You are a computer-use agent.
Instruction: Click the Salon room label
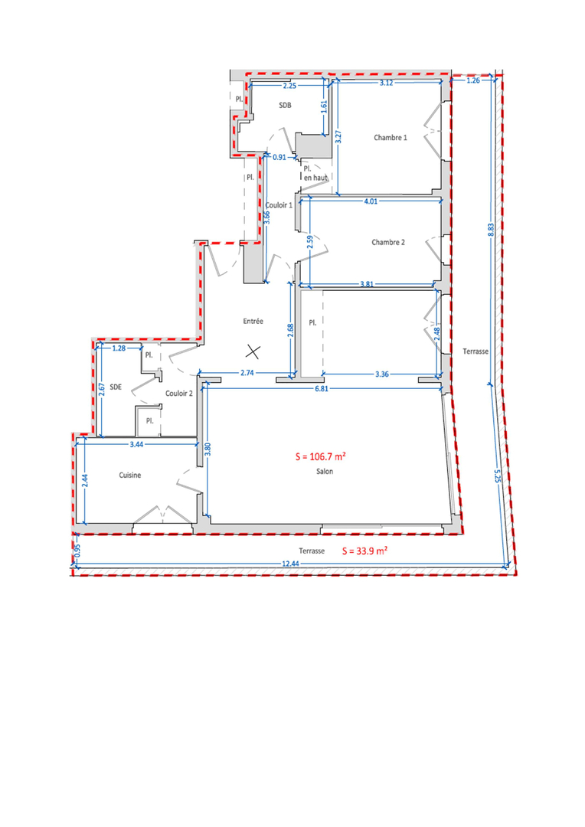point(325,472)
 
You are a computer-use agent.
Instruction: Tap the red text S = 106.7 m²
point(321,456)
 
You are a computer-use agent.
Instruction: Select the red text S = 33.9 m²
point(364,551)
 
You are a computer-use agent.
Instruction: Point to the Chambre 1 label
point(391,138)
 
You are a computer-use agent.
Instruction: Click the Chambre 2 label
point(388,242)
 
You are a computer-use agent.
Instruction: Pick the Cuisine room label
point(129,476)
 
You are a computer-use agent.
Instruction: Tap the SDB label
point(285,105)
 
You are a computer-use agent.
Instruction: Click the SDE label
point(116,387)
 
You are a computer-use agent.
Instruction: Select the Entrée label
point(253,321)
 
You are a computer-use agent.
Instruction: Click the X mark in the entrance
point(253,351)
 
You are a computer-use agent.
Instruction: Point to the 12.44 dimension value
point(291,564)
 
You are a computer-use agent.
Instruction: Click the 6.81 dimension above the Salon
point(322,388)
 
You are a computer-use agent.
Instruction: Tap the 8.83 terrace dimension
point(491,229)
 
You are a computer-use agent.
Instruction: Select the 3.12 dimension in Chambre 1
point(386,83)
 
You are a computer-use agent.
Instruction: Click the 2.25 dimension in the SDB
point(289,86)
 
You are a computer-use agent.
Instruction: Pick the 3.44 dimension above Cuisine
point(136,444)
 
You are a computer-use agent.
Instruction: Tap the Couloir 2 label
point(179,394)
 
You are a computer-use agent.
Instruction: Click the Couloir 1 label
point(279,205)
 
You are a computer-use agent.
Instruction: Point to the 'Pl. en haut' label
point(315,174)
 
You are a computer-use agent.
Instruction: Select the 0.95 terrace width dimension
point(78,551)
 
